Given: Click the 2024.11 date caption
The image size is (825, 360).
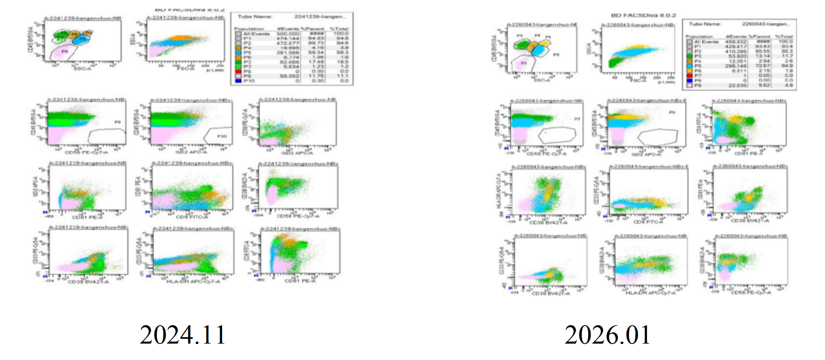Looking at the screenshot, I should click(x=183, y=334).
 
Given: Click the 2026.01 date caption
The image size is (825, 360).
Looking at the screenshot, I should click(x=607, y=334).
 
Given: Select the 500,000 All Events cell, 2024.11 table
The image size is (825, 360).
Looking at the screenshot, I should click(x=288, y=34).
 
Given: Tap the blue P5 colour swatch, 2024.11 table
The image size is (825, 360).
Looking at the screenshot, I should click(x=238, y=52).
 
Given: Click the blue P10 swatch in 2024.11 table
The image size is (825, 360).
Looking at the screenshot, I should click(x=238, y=81).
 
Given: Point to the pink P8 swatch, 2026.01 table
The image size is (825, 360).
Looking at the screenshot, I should click(x=689, y=85).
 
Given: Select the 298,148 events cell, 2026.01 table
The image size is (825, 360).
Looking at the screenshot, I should click(x=735, y=66).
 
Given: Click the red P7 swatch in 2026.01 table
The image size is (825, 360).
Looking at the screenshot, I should click(x=689, y=76).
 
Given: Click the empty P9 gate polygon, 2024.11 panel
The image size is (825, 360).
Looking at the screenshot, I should click(x=106, y=136).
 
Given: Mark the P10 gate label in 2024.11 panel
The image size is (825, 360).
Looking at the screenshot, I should click(x=222, y=136).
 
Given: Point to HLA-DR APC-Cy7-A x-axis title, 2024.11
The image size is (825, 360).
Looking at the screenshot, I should click(x=193, y=282).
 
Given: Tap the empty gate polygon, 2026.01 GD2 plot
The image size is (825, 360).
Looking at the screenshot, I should click(x=657, y=137).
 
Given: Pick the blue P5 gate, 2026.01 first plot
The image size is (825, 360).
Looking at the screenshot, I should click(x=540, y=51).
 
